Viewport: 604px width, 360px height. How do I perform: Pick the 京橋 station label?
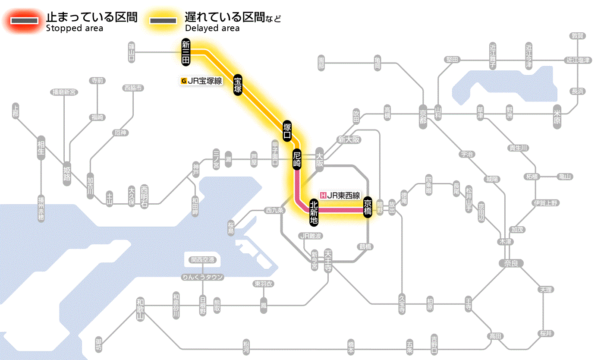point(368,207)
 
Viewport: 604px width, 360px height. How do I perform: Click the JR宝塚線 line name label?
point(202,80)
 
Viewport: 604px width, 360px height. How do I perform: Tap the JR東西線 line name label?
point(340,195)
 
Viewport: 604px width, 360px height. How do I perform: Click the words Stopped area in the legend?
point(74,28)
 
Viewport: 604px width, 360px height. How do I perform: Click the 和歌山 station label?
point(140,308)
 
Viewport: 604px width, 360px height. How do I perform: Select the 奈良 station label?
point(511,263)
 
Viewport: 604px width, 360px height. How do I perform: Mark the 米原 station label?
point(558,117)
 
